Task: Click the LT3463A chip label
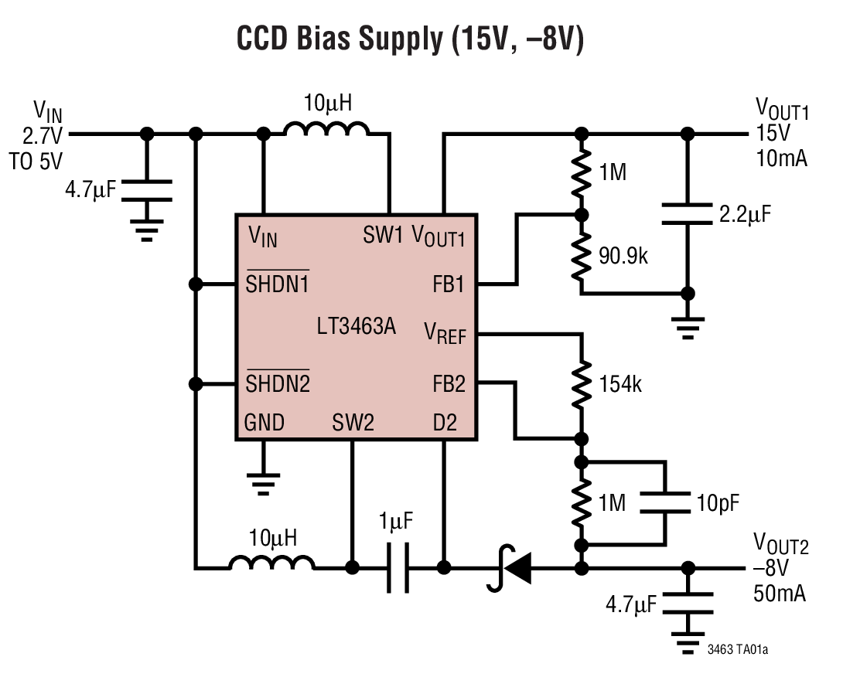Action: coord(356,327)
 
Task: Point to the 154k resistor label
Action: coord(620,384)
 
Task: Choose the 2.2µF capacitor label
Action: coord(746,214)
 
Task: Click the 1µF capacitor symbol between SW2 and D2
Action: coord(398,569)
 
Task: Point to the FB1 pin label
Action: coord(449,284)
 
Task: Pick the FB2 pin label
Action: coord(449,383)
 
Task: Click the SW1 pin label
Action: coord(383,235)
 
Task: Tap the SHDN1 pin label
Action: coord(278,284)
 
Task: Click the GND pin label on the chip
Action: coord(265,423)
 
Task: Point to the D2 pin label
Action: coord(445,423)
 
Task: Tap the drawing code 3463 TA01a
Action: coord(737,650)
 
